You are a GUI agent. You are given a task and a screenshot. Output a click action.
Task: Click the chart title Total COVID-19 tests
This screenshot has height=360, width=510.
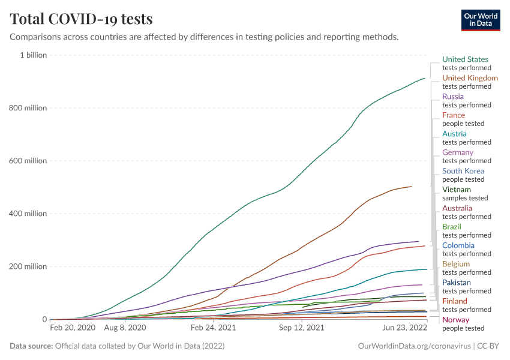pos(81,19)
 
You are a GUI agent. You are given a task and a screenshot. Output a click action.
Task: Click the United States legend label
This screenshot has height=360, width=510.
pos(465,59)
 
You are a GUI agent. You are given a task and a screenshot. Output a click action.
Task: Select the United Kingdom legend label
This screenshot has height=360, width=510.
pos(470,78)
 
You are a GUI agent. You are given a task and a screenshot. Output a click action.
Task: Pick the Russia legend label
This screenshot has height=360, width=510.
pos(453,97)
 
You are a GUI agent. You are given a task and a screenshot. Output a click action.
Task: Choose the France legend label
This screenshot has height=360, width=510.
pos(454,115)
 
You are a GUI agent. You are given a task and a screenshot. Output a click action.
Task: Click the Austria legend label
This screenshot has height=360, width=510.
pos(454,134)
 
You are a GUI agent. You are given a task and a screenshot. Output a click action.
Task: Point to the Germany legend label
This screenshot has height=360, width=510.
pos(458,152)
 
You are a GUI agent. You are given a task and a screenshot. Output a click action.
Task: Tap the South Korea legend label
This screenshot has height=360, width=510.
pos(463,171)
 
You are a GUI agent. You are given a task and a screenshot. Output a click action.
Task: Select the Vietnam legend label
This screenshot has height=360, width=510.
pos(457,190)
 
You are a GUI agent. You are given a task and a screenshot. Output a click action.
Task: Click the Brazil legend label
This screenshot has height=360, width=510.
pos(452,227)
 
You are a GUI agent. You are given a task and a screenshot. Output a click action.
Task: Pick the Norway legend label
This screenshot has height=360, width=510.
pos(455,320)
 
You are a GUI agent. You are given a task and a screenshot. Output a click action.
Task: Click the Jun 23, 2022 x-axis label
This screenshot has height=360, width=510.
pos(406,329)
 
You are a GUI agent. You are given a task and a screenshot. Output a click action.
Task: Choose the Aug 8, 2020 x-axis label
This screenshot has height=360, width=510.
pos(125,329)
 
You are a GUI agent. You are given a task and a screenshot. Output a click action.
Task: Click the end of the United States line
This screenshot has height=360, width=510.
pos(425,78)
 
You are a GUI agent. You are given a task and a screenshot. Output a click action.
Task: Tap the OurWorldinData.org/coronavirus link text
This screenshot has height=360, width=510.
pos(414,346)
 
